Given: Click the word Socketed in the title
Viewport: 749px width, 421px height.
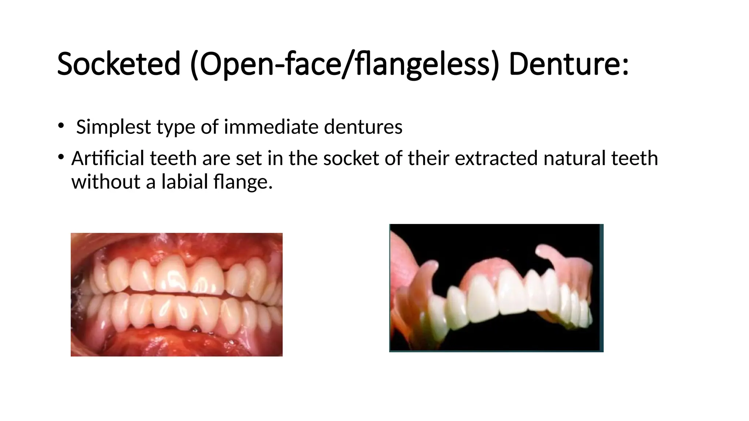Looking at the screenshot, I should (x=119, y=64).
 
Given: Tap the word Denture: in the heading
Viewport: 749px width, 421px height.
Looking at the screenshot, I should (x=569, y=64).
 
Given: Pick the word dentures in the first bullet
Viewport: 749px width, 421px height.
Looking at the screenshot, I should (x=363, y=127).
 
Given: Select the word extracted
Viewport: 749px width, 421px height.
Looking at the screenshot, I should (x=496, y=158).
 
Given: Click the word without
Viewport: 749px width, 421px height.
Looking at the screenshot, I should (x=106, y=182).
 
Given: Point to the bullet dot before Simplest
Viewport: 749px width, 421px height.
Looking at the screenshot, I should (x=60, y=126).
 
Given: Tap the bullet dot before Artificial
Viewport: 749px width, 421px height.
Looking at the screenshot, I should (x=60, y=157).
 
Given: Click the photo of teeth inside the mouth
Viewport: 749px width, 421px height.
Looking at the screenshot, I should (x=177, y=295).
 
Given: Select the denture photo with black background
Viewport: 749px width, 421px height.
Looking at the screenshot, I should (x=496, y=288).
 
